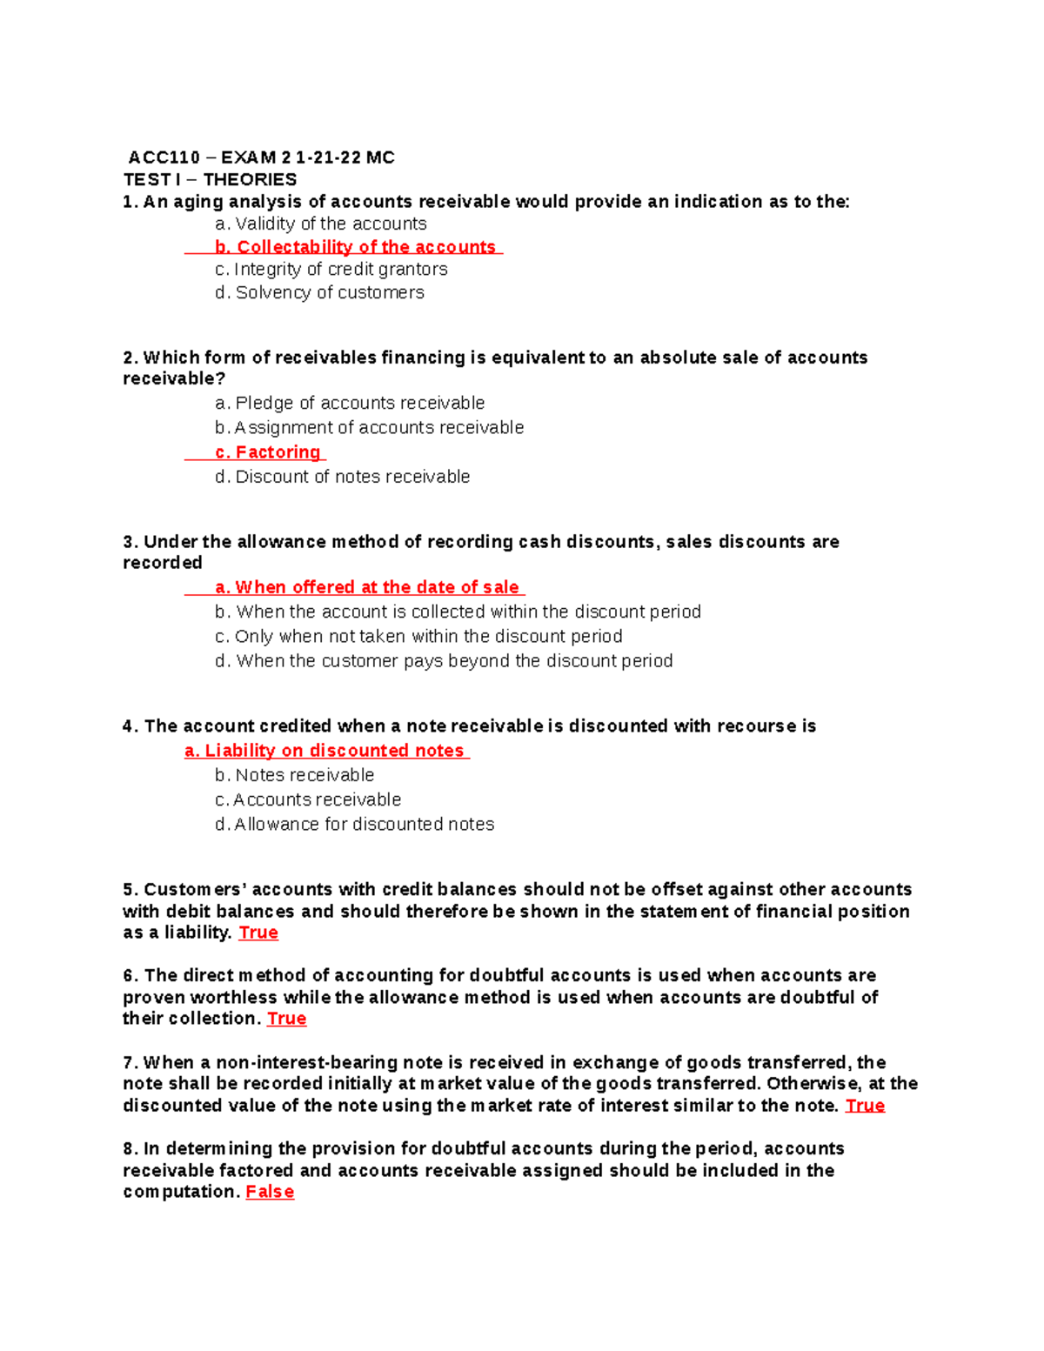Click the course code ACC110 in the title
click(x=164, y=157)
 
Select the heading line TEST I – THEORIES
click(x=210, y=179)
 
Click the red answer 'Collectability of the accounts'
click(x=356, y=247)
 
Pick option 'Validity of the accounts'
click(x=321, y=224)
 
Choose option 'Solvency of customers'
click(x=319, y=292)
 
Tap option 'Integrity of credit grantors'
click(x=331, y=269)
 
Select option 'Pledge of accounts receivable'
click(x=350, y=403)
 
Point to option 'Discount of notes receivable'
click(x=343, y=477)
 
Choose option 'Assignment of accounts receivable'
click(x=370, y=427)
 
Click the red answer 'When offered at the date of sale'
click(x=367, y=587)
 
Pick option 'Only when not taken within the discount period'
click(x=418, y=636)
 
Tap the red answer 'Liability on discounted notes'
click(x=325, y=751)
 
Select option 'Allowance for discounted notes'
click(x=354, y=824)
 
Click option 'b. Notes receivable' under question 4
click(x=295, y=775)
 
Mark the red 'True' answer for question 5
click(x=258, y=933)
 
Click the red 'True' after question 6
click(x=286, y=1019)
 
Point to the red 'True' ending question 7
click(x=865, y=1106)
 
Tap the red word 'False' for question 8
click(x=270, y=1192)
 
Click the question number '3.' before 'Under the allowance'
click(x=130, y=542)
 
